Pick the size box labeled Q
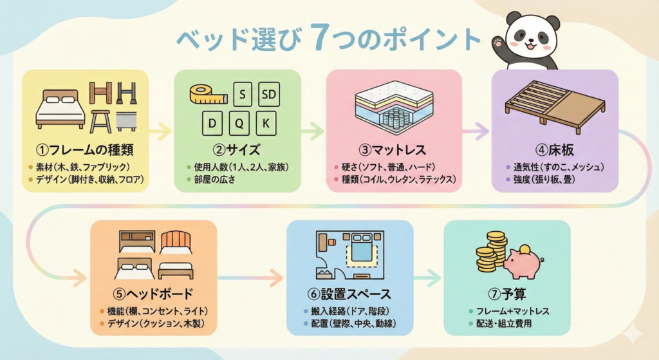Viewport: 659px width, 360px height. (239, 122)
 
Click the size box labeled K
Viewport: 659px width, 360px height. (268, 122)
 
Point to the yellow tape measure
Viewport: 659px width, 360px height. (207, 95)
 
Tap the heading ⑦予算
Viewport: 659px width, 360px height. (507, 294)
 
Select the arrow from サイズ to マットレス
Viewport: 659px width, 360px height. (311, 132)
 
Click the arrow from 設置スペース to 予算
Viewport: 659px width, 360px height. (426, 278)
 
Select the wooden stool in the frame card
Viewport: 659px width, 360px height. (101, 120)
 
